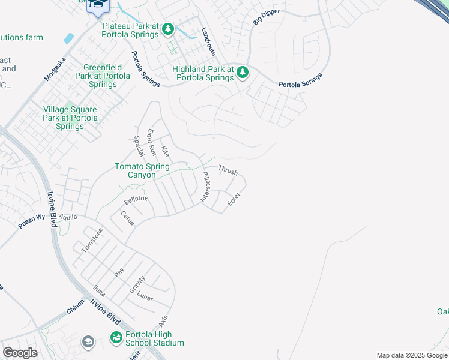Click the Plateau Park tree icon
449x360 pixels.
[x=169, y=29]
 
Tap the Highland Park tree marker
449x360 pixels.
[x=243, y=73]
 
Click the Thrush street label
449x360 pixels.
[x=228, y=170]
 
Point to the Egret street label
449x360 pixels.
[x=234, y=200]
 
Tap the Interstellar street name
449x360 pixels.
[x=205, y=187]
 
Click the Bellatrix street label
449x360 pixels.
[x=136, y=200]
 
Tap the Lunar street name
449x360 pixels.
[x=145, y=298]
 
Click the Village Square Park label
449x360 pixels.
[x=70, y=118]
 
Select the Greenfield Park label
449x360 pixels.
[x=103, y=76]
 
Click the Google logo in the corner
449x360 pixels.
[x=20, y=353]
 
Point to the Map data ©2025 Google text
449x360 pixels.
[x=411, y=355]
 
